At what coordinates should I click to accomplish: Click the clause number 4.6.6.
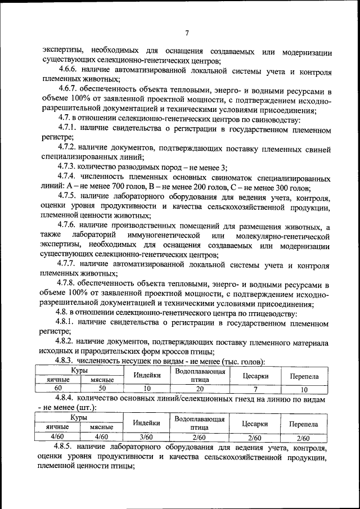point(69,71)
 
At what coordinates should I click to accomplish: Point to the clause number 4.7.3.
point(69,167)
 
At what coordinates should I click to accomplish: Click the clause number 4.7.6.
point(69,225)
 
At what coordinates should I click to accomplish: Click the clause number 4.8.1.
point(69,324)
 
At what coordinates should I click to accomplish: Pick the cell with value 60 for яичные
point(58,389)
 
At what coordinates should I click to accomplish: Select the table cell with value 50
point(102,389)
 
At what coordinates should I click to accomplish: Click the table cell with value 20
point(200,389)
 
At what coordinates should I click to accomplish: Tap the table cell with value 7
point(255,389)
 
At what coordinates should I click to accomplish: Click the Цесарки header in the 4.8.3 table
point(255,376)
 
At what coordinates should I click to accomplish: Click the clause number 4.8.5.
point(69,448)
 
